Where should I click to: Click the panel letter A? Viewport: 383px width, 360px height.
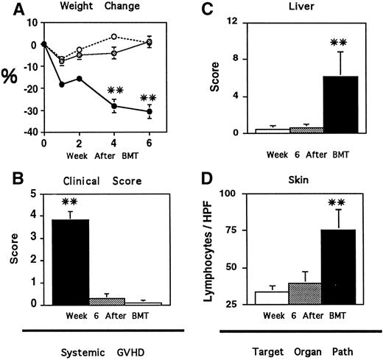pos(10,9)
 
